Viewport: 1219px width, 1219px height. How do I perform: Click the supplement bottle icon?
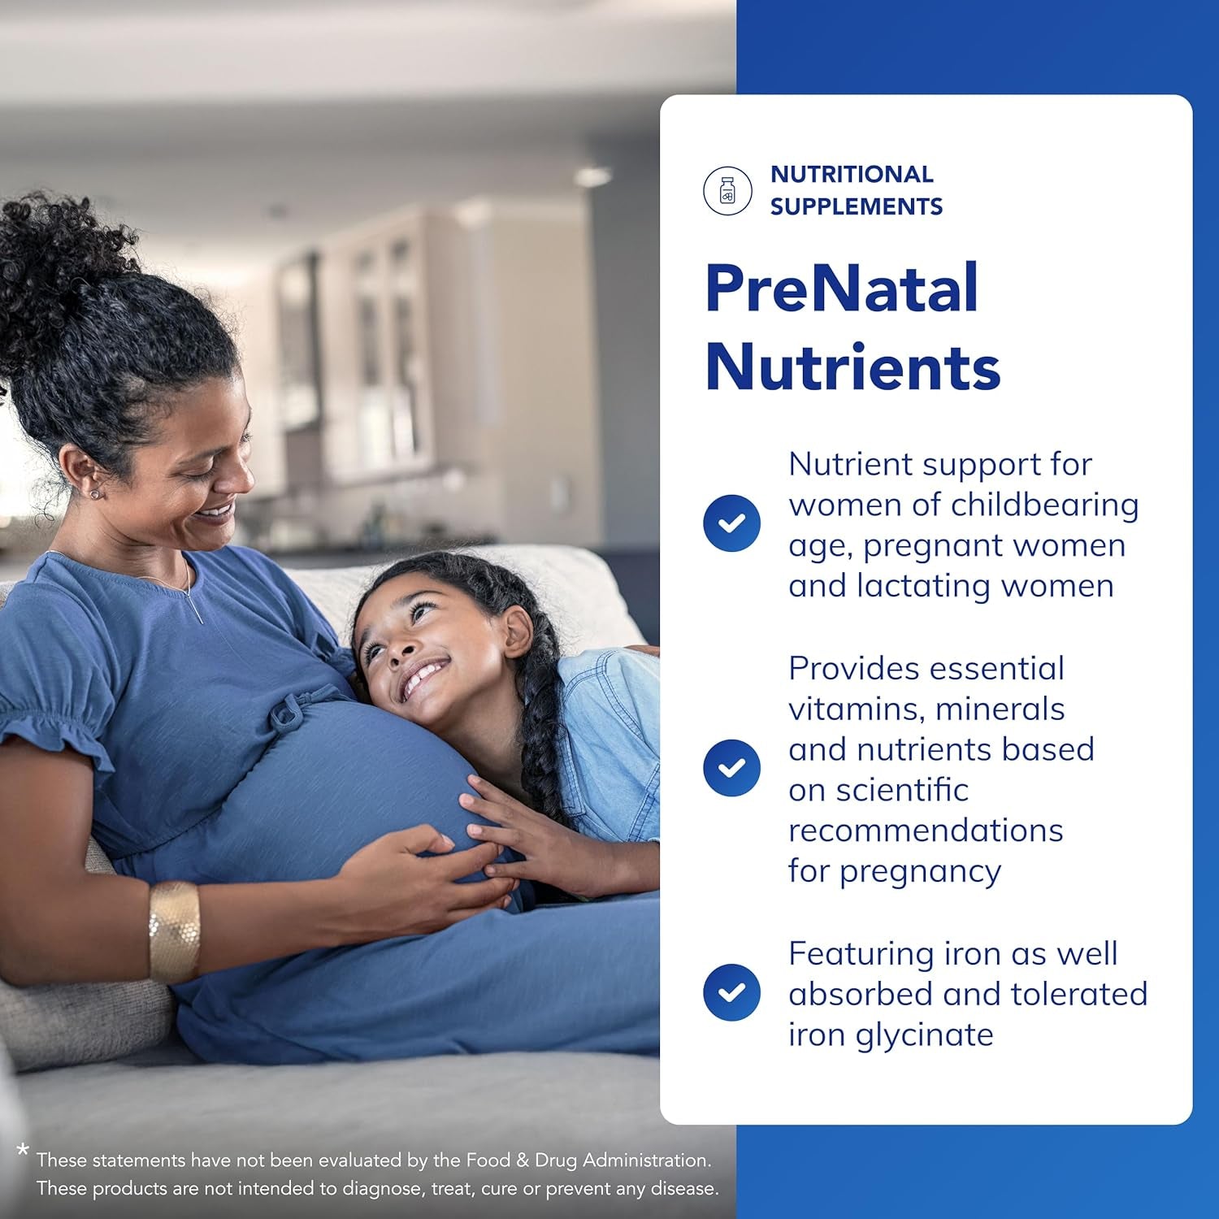tap(727, 191)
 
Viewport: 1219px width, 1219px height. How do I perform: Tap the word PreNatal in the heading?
tap(841, 288)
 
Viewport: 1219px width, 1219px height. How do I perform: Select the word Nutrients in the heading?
tap(852, 367)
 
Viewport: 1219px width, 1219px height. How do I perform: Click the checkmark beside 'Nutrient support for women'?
tap(731, 523)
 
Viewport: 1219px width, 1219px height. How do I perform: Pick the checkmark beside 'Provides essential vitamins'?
tap(731, 768)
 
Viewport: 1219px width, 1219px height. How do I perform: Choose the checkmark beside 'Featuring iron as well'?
tap(731, 992)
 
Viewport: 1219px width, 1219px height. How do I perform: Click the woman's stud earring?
tap(94, 493)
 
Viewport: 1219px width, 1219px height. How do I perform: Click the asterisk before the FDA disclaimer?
tap(23, 1151)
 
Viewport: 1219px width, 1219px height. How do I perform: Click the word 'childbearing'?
tap(1044, 505)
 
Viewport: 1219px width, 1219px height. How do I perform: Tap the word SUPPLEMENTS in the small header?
tap(856, 206)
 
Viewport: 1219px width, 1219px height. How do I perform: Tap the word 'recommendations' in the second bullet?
tap(925, 831)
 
